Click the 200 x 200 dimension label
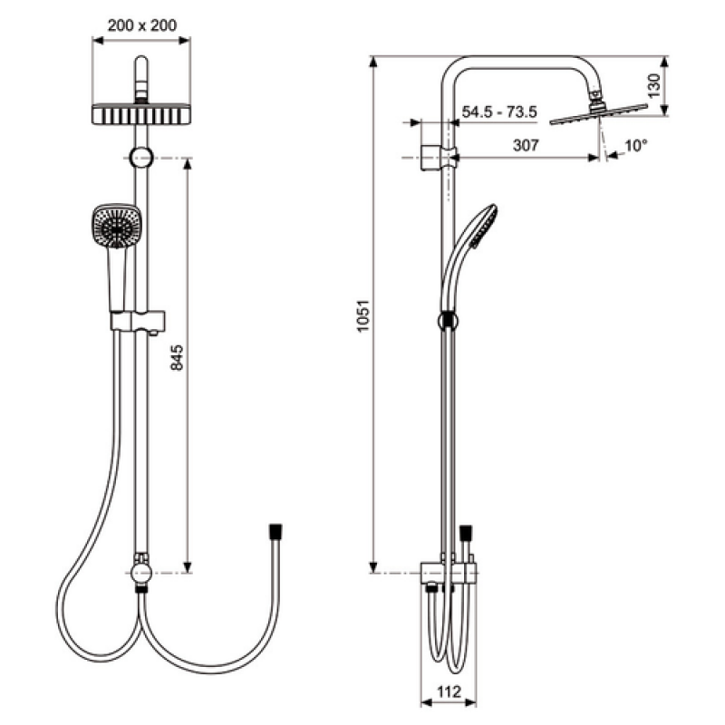pos(142,25)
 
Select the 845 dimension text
pos(177,357)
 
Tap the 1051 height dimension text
pos(363,315)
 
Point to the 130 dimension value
pos(653,85)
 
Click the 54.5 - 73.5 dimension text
pos(499,111)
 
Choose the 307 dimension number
pos(526,145)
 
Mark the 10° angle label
pos(636,146)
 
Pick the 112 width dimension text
pos(449,691)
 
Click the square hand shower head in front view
pos(117,227)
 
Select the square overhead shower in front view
pos(141,114)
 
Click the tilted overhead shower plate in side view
pos(598,114)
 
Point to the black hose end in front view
pos(275,532)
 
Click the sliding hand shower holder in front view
pos(138,322)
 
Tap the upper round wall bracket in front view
pos(141,157)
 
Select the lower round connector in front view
pos(141,573)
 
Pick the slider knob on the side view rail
pos(448,321)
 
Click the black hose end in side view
pos(466,533)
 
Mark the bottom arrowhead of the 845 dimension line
pos(188,567)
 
